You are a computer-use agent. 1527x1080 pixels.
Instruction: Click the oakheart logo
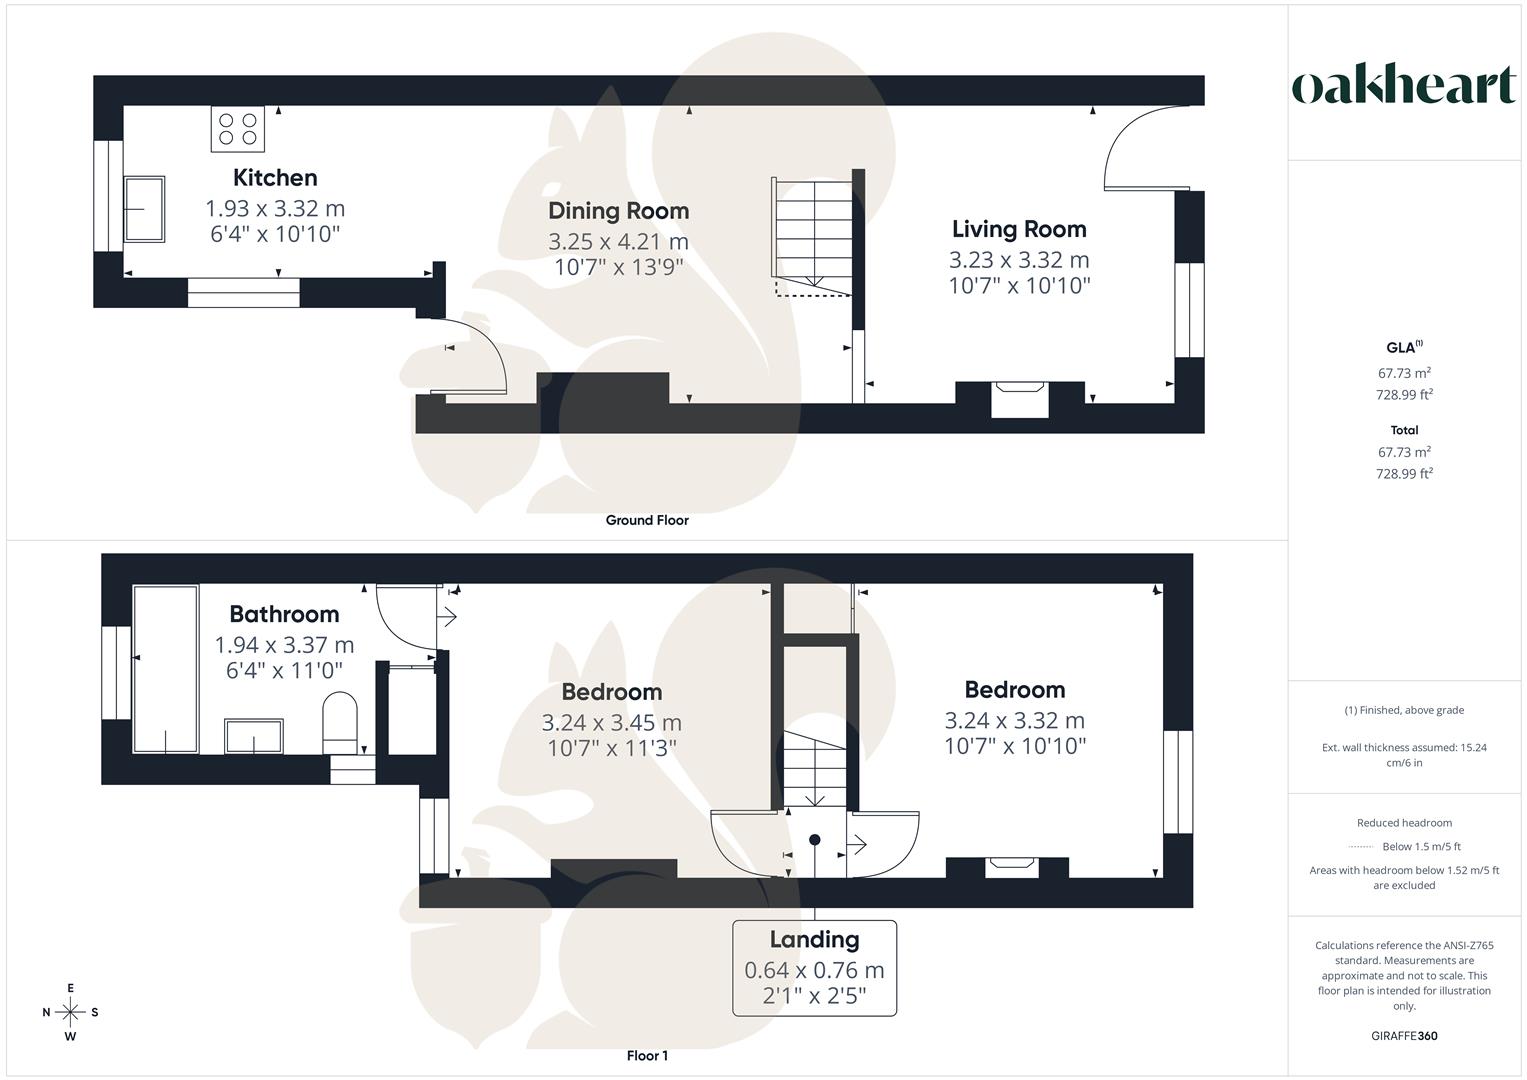coord(1403,86)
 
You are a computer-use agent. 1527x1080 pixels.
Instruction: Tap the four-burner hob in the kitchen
coord(238,129)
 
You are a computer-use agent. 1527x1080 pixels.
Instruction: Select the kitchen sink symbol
coord(144,209)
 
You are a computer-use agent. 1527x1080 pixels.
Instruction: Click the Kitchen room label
coord(275,178)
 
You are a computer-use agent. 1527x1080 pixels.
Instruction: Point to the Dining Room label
coord(618,211)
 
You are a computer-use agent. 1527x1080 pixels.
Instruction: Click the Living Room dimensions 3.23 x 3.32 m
coord(1019,260)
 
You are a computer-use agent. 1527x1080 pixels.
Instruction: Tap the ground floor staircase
coord(812,236)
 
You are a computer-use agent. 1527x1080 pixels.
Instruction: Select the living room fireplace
coord(1019,398)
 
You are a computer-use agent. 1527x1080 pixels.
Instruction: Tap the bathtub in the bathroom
coord(165,669)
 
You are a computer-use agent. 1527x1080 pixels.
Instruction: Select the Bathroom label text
coord(284,614)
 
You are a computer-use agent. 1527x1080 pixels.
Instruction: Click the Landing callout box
coord(814,968)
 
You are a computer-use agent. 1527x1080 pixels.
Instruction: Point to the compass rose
coord(70,1012)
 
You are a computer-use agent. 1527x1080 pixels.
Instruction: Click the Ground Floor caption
coord(647,520)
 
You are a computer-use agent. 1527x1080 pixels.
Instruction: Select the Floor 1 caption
coord(647,1056)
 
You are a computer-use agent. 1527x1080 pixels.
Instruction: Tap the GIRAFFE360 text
coord(1404,1036)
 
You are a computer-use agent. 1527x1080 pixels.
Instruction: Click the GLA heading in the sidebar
coord(1402,348)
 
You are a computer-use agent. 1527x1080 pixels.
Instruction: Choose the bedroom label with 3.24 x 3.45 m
coord(611,692)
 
